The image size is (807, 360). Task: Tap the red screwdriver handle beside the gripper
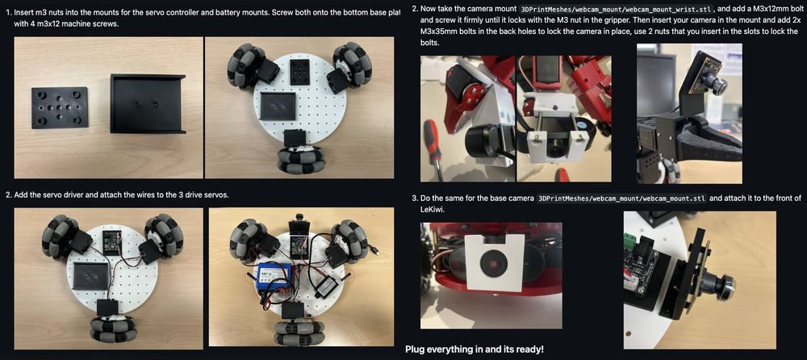tap(436, 153)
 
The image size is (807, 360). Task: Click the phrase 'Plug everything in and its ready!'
tap(474, 350)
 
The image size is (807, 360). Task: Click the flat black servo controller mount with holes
tap(60, 107)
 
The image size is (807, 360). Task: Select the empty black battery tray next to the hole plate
tap(148, 103)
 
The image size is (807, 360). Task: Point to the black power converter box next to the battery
tap(326, 281)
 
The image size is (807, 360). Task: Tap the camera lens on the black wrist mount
tap(718, 83)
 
